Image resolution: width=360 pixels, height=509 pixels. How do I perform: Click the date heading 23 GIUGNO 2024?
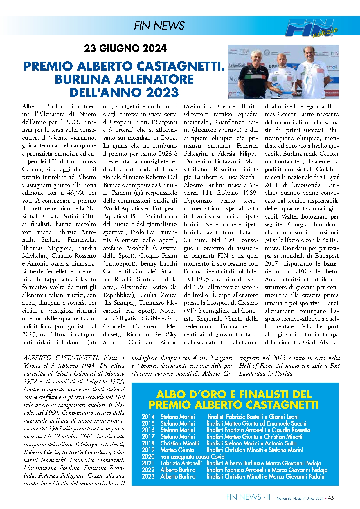coord(125,48)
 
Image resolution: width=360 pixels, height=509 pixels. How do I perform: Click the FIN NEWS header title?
coord(159,26)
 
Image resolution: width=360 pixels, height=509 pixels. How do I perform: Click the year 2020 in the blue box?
coord(148,456)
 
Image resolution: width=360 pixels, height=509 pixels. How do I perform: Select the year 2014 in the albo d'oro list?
coord(148,417)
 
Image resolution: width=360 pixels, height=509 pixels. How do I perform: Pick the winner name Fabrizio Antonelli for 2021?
coord(181,463)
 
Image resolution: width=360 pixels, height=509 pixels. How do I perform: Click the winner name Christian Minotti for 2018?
coord(179,443)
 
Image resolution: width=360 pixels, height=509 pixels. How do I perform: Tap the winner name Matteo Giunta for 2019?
coord(177,450)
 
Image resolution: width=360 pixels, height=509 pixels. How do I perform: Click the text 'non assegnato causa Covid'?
coord(192,456)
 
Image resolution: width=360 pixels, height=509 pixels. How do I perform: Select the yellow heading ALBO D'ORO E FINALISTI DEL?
coord(234,394)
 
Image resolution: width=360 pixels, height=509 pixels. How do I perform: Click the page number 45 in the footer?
coord(331,498)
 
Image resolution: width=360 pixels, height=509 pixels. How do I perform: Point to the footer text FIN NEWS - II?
coord(248,497)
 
